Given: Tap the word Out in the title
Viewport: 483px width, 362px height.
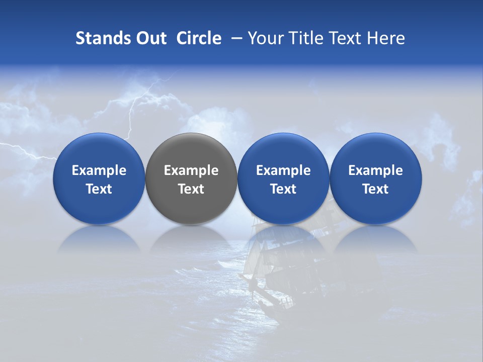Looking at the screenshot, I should (x=149, y=38).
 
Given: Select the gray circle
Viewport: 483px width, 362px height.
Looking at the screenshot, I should (x=191, y=151).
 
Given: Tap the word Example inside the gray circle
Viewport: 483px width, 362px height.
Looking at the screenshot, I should (x=191, y=170).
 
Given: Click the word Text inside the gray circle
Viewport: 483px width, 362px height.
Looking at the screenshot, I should (x=191, y=189).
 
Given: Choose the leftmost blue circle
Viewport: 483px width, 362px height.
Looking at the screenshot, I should (x=99, y=151).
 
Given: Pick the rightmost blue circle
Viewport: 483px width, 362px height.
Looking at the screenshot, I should (x=376, y=151).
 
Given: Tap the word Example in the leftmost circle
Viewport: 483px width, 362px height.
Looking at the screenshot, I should (x=99, y=170).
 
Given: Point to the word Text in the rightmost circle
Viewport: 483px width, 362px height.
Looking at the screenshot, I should (x=376, y=189).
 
